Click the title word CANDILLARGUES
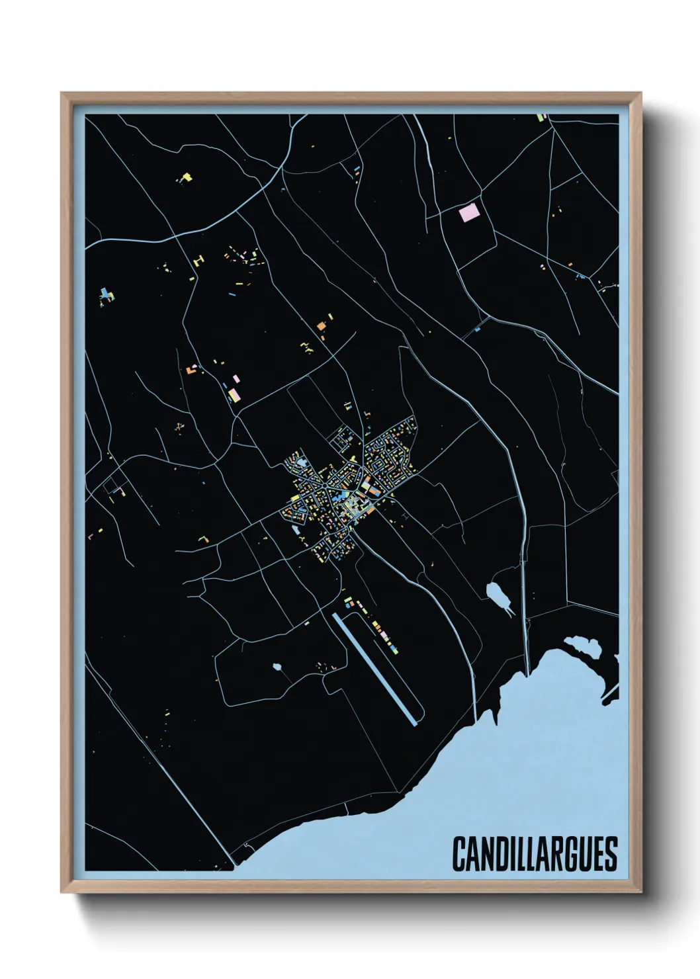point(535,853)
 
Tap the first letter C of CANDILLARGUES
point(459,853)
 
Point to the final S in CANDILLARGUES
point(611,853)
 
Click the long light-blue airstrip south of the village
point(376,668)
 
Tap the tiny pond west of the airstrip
point(277,667)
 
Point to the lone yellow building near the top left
point(186,177)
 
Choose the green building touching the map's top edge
point(541,118)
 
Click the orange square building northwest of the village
point(321,325)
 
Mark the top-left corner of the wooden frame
point(63,95)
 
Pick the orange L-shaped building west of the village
point(203,539)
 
